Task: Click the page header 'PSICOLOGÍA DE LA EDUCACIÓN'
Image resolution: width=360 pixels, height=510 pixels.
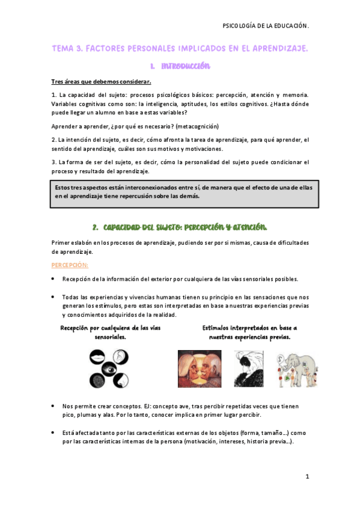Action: (x=265, y=26)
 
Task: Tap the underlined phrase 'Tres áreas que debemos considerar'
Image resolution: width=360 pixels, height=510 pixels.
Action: (x=101, y=82)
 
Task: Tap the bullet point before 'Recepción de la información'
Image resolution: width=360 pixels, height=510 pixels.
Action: (x=53, y=279)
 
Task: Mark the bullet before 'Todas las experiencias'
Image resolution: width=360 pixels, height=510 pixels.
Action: (x=53, y=296)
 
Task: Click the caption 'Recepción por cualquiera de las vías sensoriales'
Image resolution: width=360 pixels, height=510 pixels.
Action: (x=111, y=333)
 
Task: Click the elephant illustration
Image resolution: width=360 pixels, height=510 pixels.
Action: (x=296, y=369)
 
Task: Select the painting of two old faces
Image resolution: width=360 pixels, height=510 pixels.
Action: (x=199, y=369)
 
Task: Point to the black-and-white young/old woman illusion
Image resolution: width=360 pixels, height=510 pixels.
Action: (x=247, y=369)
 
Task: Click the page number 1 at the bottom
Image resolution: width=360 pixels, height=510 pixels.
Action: (x=307, y=476)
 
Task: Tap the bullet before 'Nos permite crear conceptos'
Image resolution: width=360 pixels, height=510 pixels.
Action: (x=53, y=407)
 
